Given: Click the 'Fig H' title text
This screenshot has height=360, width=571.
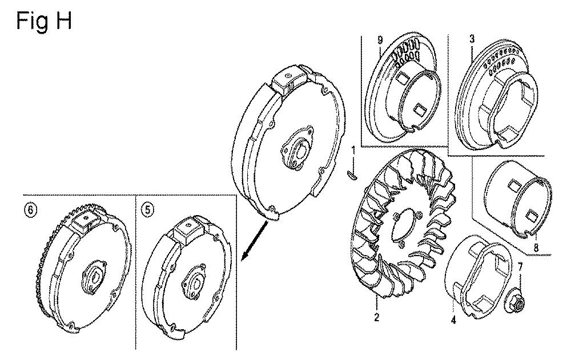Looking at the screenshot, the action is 44,21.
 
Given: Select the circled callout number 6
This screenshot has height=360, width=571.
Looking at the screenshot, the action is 31,210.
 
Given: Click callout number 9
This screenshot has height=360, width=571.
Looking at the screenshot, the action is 380,41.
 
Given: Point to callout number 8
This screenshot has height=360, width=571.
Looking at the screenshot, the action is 536,247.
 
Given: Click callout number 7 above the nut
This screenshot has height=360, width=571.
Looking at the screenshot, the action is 520,268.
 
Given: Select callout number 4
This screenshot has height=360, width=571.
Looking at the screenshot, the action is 453,320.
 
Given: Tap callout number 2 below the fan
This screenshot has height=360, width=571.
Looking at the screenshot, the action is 376,317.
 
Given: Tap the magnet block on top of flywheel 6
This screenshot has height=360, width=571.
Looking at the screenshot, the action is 86,222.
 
